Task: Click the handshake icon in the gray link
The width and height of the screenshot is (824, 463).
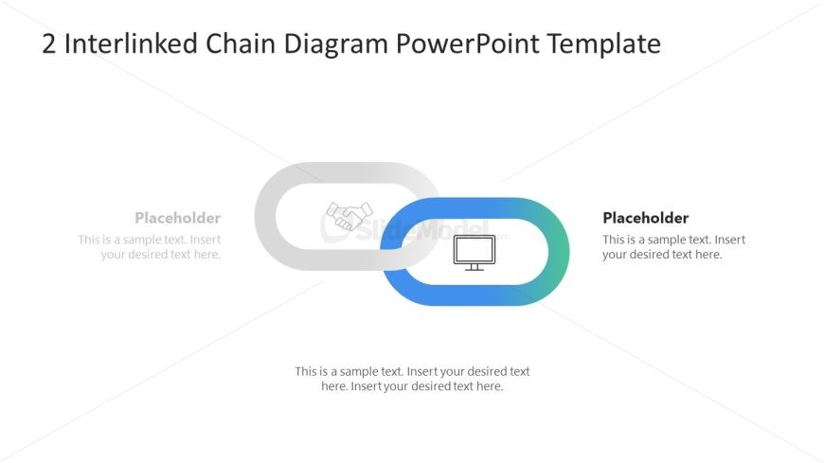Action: point(349,216)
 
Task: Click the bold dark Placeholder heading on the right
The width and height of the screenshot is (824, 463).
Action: point(645,218)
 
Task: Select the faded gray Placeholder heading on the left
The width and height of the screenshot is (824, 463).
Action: point(177,218)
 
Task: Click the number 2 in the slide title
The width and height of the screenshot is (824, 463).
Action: point(50,45)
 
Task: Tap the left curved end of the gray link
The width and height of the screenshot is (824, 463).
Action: point(265,217)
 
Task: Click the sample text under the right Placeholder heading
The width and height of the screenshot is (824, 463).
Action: point(673,247)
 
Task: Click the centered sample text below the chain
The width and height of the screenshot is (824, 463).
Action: point(412,379)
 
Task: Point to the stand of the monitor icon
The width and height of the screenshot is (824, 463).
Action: point(475,267)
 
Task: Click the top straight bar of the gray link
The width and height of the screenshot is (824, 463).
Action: point(346,172)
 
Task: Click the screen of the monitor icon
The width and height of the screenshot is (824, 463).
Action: point(475,249)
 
